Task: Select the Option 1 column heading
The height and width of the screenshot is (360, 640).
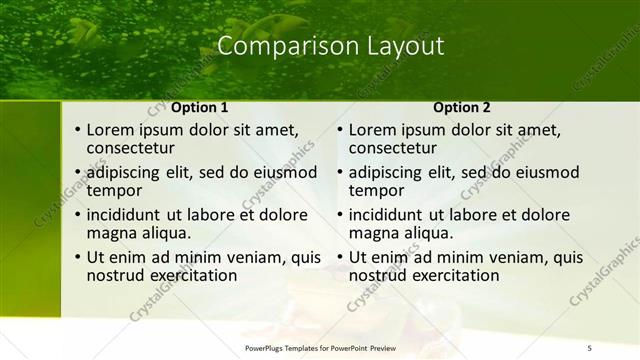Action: (x=199, y=107)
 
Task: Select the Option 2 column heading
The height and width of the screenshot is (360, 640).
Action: (x=461, y=107)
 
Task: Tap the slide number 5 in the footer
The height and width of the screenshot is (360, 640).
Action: (x=589, y=348)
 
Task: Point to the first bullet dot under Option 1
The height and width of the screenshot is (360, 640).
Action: (x=78, y=130)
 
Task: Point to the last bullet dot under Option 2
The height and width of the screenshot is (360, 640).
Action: (x=341, y=258)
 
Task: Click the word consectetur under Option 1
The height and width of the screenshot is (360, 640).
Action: (x=131, y=148)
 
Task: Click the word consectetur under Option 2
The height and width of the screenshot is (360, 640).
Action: (x=393, y=148)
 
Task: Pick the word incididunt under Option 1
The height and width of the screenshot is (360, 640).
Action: (x=127, y=215)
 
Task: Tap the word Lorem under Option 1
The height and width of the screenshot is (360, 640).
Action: (x=109, y=129)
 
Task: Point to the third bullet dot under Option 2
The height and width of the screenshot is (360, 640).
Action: (x=341, y=215)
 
